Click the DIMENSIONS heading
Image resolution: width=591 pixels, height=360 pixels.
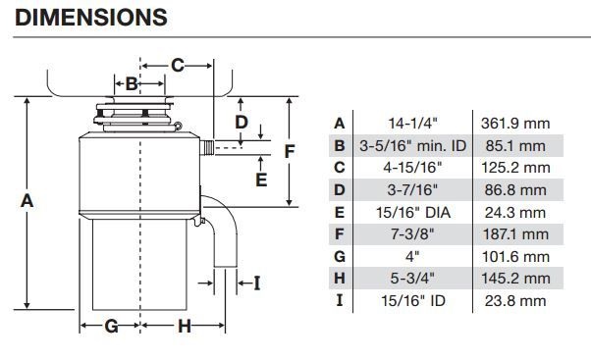(91, 18)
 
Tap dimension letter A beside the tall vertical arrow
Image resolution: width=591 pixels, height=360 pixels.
(27, 201)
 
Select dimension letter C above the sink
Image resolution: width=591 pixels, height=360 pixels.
(178, 66)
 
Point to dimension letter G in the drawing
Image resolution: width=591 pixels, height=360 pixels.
(112, 326)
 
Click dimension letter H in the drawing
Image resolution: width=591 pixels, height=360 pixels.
(185, 326)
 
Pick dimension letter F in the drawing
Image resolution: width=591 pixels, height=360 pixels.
(289, 151)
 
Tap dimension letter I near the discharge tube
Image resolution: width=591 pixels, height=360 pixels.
(257, 283)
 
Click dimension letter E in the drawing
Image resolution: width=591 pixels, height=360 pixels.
(261, 180)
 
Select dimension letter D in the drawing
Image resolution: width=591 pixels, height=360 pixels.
(242, 123)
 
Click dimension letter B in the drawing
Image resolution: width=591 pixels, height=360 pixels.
(132, 83)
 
